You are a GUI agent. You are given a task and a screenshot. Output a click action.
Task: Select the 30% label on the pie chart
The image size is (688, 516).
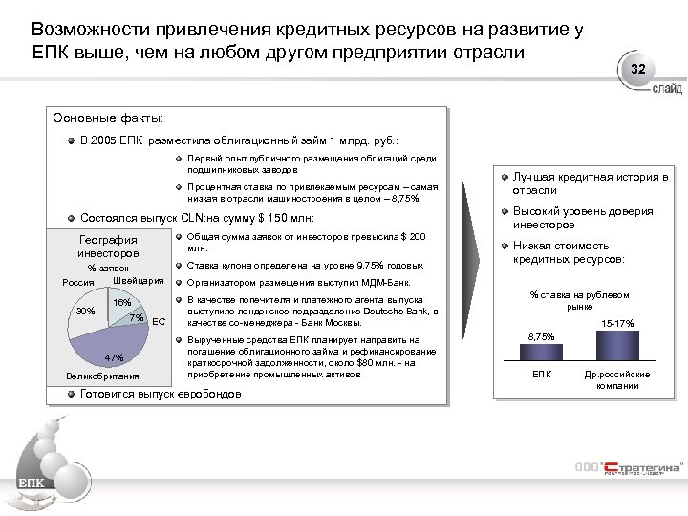coord(85,312)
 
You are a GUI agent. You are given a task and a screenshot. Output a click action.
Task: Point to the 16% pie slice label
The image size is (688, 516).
coord(122,303)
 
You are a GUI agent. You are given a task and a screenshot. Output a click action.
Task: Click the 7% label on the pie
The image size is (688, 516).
coord(136,317)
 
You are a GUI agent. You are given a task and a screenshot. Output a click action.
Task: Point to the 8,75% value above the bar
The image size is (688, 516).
coord(541,336)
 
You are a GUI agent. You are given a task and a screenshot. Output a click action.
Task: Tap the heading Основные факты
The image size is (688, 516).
coord(110,118)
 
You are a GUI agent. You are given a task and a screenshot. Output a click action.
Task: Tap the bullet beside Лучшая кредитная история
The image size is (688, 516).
coord(505,178)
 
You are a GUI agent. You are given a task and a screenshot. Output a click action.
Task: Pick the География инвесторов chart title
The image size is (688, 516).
coord(108,247)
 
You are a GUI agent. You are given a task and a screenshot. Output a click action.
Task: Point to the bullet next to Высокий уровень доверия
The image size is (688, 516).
coord(505,212)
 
